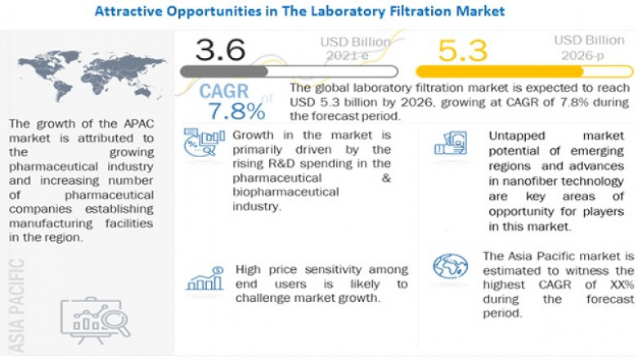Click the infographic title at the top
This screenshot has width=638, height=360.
299,11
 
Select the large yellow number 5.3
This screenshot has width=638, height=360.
463,51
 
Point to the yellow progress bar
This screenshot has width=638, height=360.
523,72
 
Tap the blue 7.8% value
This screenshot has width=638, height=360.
236,110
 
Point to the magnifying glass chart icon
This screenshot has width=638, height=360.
97,314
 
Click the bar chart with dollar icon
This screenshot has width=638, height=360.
204,279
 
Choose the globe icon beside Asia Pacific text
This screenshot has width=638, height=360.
451,265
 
